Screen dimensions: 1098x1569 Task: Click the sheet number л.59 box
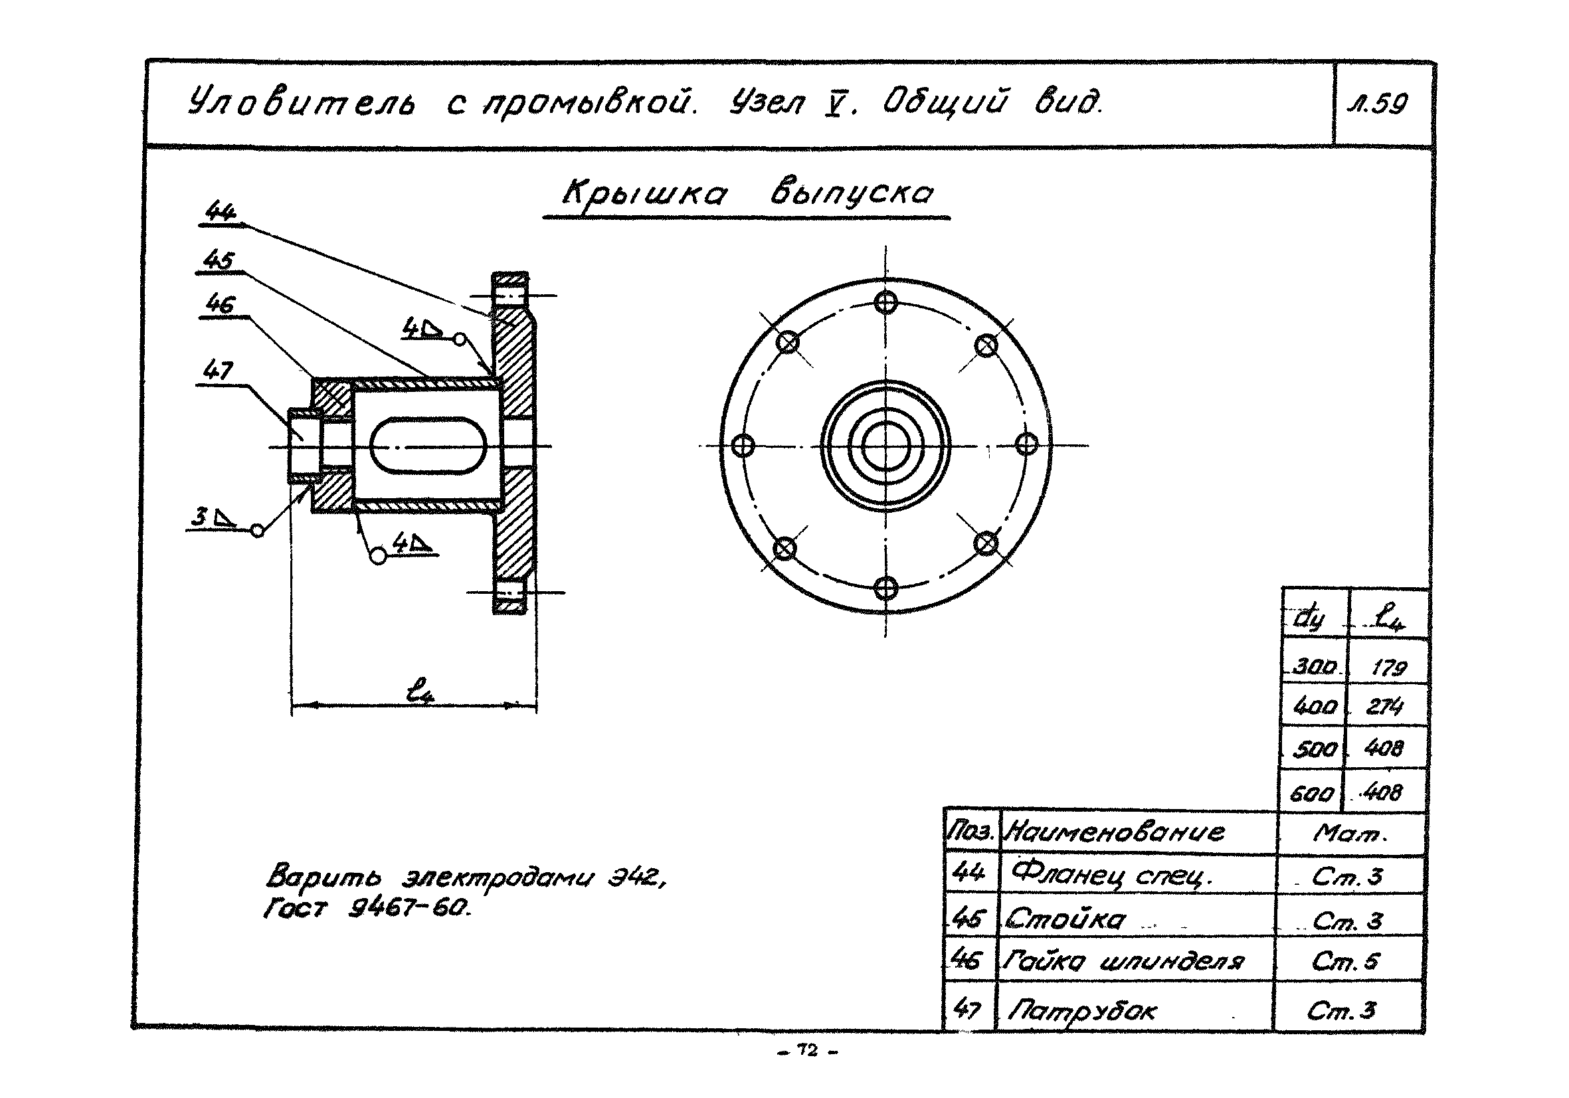[1381, 104]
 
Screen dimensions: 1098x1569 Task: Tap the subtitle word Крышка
[644, 195]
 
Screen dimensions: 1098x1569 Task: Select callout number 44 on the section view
[220, 211]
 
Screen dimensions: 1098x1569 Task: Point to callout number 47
[218, 371]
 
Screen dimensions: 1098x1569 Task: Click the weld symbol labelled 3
[213, 517]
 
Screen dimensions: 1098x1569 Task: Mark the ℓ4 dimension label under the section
[420, 690]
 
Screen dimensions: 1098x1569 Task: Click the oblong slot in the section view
[428, 446]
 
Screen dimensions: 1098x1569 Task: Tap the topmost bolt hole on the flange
[885, 302]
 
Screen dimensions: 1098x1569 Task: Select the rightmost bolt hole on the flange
[1026, 445]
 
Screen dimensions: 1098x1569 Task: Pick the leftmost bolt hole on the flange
[743, 446]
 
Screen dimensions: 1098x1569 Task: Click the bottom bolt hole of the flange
[885, 588]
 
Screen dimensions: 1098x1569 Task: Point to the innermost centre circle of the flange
[885, 446]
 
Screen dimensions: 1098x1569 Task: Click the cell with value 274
[1384, 706]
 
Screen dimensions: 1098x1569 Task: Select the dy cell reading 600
[1311, 793]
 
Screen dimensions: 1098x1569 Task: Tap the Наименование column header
[1116, 832]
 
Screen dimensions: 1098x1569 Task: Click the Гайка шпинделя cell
[1123, 961]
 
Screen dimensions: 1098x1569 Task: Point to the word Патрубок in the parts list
[1083, 1010]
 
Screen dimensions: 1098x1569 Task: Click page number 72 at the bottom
[808, 1051]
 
